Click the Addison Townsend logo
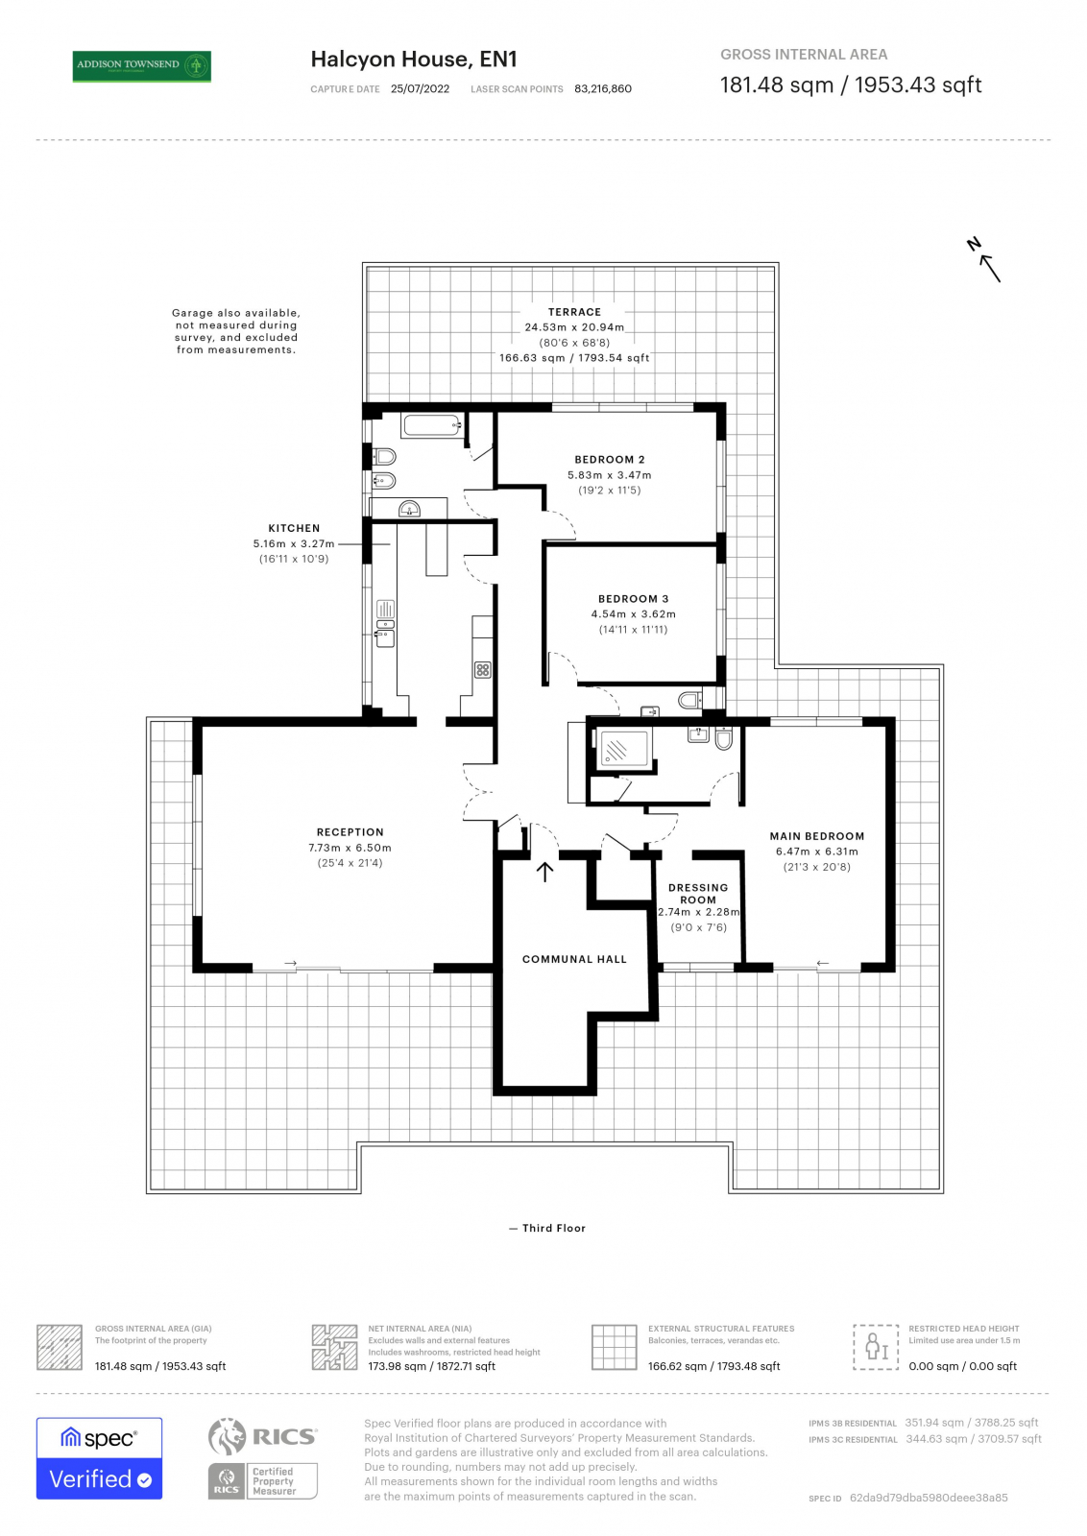142,65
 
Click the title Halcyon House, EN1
414,60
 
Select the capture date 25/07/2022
420,89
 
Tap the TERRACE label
574,312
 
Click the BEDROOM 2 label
609,460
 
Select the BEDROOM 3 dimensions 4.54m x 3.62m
633,614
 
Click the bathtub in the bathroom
431,425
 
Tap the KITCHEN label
294,529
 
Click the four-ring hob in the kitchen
483,670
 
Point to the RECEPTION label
350,832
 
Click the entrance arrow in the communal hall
544,872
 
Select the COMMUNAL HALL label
573,959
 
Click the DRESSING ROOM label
698,894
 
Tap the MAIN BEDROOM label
816,836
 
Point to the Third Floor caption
553,1228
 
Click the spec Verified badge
99,1457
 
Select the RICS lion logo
228,1436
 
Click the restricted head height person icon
876,1346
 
